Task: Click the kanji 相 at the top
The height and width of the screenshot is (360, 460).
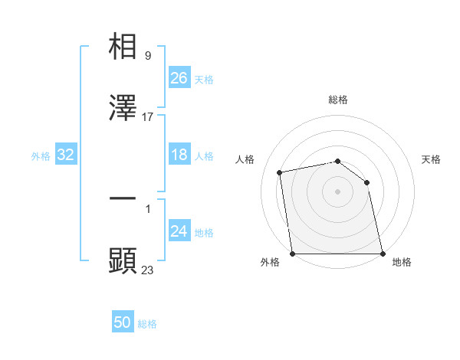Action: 123,47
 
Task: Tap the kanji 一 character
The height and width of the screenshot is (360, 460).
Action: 123,198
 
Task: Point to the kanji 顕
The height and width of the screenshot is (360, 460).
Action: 123,260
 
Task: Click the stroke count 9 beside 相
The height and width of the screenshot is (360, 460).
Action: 147,56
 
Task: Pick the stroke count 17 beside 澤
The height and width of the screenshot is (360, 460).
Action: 148,117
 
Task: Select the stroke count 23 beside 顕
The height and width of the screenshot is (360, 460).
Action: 148,269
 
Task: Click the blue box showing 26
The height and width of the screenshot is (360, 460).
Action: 179,78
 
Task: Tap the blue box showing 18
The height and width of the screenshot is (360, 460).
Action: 179,155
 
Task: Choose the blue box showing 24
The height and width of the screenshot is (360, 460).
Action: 179,231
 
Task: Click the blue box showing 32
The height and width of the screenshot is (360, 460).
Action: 66,155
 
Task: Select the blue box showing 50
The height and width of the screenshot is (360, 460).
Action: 122,322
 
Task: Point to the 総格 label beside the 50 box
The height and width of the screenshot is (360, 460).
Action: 147,324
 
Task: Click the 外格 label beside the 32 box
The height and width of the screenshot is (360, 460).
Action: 41,156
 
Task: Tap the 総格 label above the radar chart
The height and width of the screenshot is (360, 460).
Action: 338,100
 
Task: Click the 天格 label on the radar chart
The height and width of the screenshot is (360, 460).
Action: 432,159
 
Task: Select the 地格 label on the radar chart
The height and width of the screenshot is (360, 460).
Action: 402,262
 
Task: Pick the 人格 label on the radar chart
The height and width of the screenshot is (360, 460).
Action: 245,159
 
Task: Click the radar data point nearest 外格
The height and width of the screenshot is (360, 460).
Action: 292,254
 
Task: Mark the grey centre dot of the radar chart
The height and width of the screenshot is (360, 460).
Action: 338,191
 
